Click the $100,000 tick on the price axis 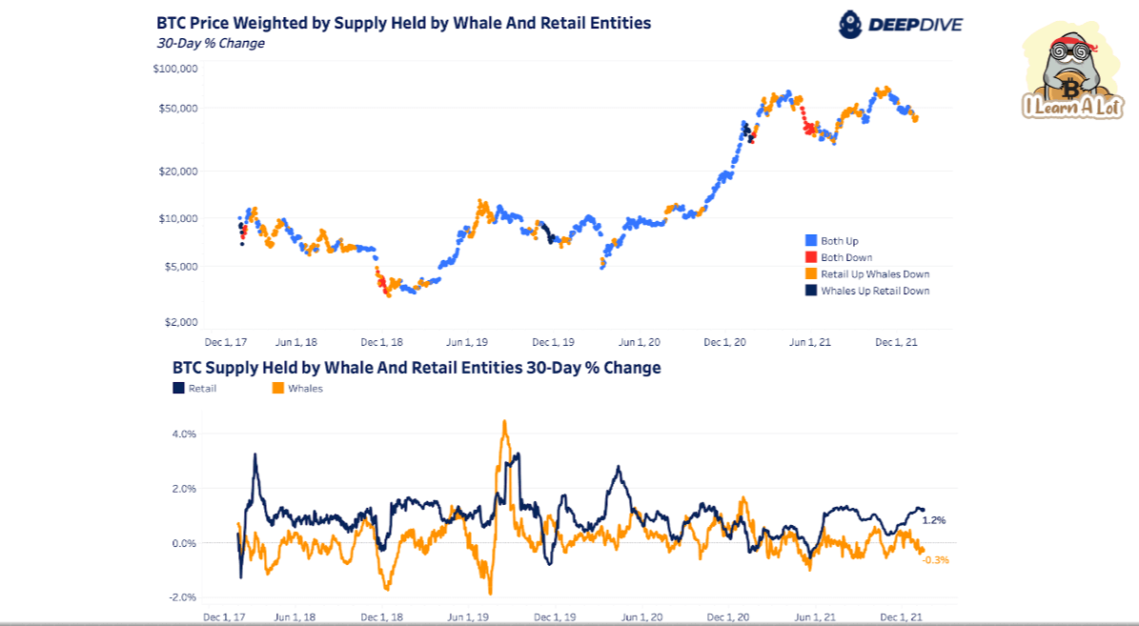point(174,69)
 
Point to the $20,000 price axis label point(176,172)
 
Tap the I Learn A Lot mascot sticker point(1072,71)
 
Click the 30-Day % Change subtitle point(211,43)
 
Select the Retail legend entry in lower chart point(194,389)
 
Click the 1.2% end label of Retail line point(934,520)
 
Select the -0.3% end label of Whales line point(936,560)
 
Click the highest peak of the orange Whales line point(504,422)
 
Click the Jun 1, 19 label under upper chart point(468,341)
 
